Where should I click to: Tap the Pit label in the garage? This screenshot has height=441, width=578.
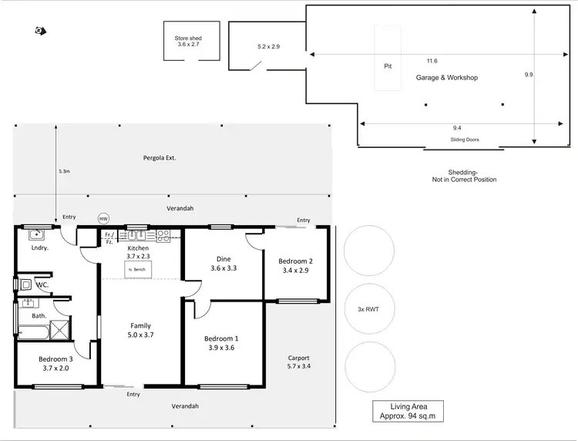pyautogui.click(x=388, y=66)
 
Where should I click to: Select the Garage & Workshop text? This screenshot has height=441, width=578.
pyautogui.click(x=447, y=78)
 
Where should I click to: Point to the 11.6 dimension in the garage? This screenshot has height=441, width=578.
pyautogui.click(x=432, y=61)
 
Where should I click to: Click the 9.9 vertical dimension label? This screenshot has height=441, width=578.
pyautogui.click(x=528, y=75)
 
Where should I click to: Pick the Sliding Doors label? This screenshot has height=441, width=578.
pyautogui.click(x=465, y=140)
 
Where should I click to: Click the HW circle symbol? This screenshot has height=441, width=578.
pyautogui.click(x=104, y=219)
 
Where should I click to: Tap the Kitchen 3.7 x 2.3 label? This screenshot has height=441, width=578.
pyautogui.click(x=139, y=252)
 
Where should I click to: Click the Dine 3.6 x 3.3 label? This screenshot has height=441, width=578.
pyautogui.click(x=223, y=264)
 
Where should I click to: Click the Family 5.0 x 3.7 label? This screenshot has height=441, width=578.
pyautogui.click(x=140, y=330)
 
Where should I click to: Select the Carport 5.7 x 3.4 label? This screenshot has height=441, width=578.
pyautogui.click(x=298, y=362)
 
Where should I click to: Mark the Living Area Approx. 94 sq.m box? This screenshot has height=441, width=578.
pyautogui.click(x=408, y=411)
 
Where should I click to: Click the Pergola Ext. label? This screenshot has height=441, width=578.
pyautogui.click(x=160, y=157)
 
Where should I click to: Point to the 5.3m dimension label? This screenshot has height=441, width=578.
pyautogui.click(x=65, y=172)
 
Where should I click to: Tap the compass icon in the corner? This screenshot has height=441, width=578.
pyautogui.click(x=39, y=31)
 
